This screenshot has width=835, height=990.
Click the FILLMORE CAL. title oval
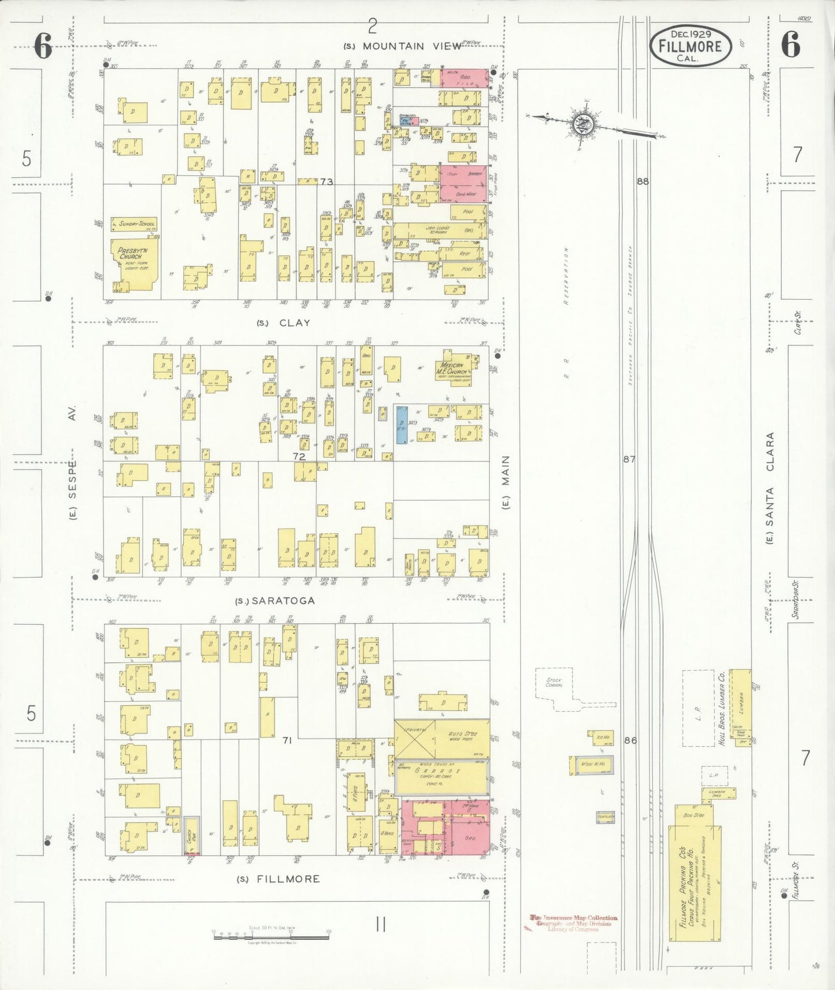tap(691, 45)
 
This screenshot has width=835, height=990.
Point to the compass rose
tap(581, 124)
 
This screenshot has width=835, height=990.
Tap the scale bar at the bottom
tap(271, 936)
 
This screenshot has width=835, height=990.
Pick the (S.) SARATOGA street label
tap(275, 601)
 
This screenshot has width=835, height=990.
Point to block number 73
tap(326, 181)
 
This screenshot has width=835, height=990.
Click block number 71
tap(287, 740)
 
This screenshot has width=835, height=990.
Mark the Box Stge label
tap(694, 815)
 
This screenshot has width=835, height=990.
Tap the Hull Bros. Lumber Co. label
tap(722, 708)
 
